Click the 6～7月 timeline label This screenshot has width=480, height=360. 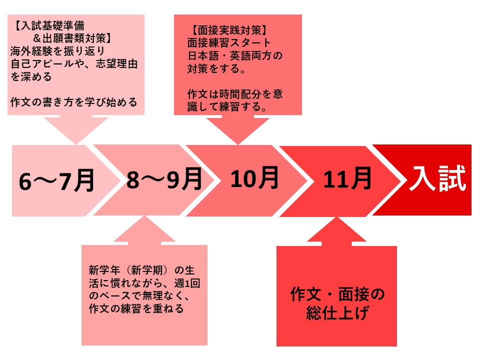[x=56, y=181]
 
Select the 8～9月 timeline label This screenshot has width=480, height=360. [x=164, y=179]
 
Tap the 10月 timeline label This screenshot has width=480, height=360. [x=254, y=178]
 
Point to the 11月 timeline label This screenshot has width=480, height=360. [x=347, y=178]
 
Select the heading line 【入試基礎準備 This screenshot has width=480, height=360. [x=48, y=25]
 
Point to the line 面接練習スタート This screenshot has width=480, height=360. [x=229, y=43]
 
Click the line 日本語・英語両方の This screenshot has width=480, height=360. [x=235, y=55]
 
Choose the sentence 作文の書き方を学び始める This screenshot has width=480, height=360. [x=74, y=102]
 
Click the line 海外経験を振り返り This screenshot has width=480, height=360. [x=57, y=51]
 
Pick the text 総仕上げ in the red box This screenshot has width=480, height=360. [x=337, y=312]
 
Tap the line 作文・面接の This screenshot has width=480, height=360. [x=337, y=294]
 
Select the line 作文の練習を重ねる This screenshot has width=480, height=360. [x=136, y=308]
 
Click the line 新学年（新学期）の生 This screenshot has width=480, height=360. [x=141, y=270]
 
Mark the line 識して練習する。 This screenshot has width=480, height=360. [x=227, y=106]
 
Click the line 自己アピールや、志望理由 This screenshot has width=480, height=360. [x=74, y=63]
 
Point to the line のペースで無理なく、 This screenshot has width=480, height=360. [x=139, y=295]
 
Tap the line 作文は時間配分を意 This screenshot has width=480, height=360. [x=235, y=93]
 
